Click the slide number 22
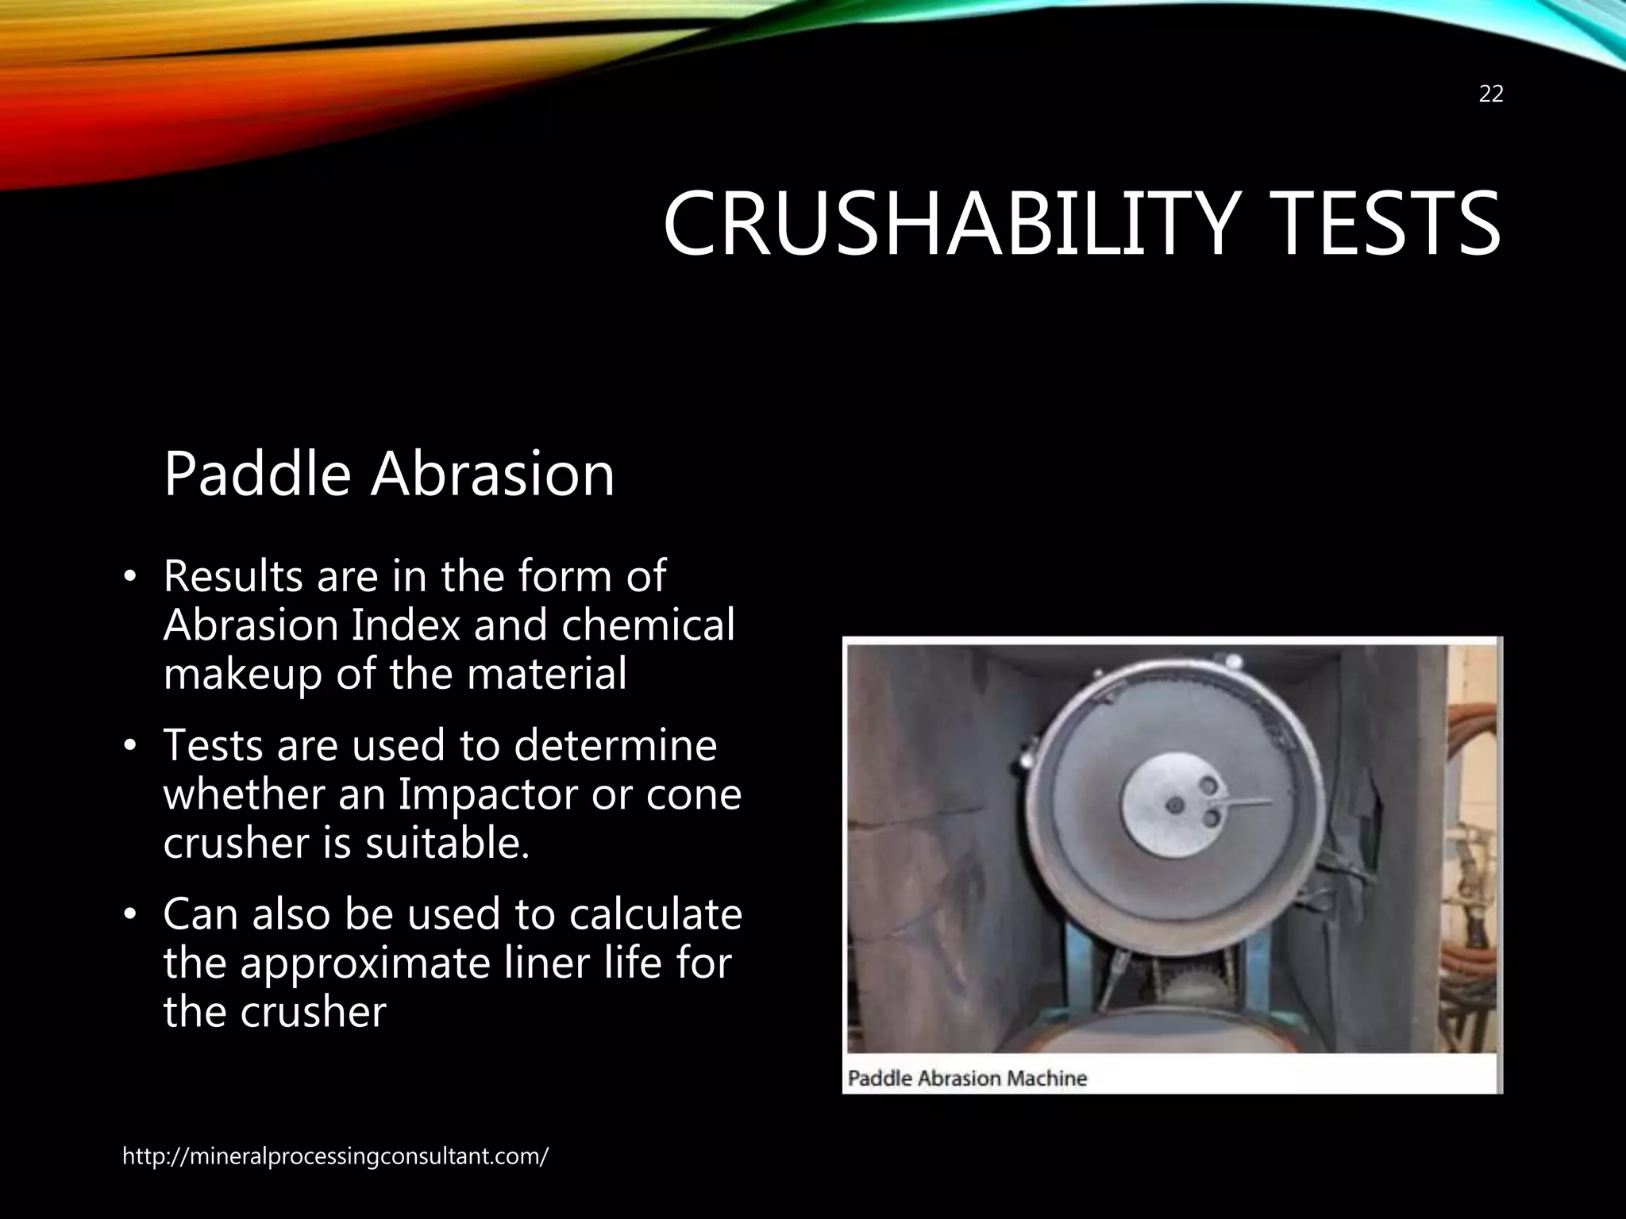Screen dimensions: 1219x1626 point(1491,94)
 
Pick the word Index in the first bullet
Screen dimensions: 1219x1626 point(406,625)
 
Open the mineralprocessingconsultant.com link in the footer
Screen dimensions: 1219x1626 point(334,1156)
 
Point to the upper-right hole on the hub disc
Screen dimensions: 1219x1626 point(1208,786)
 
